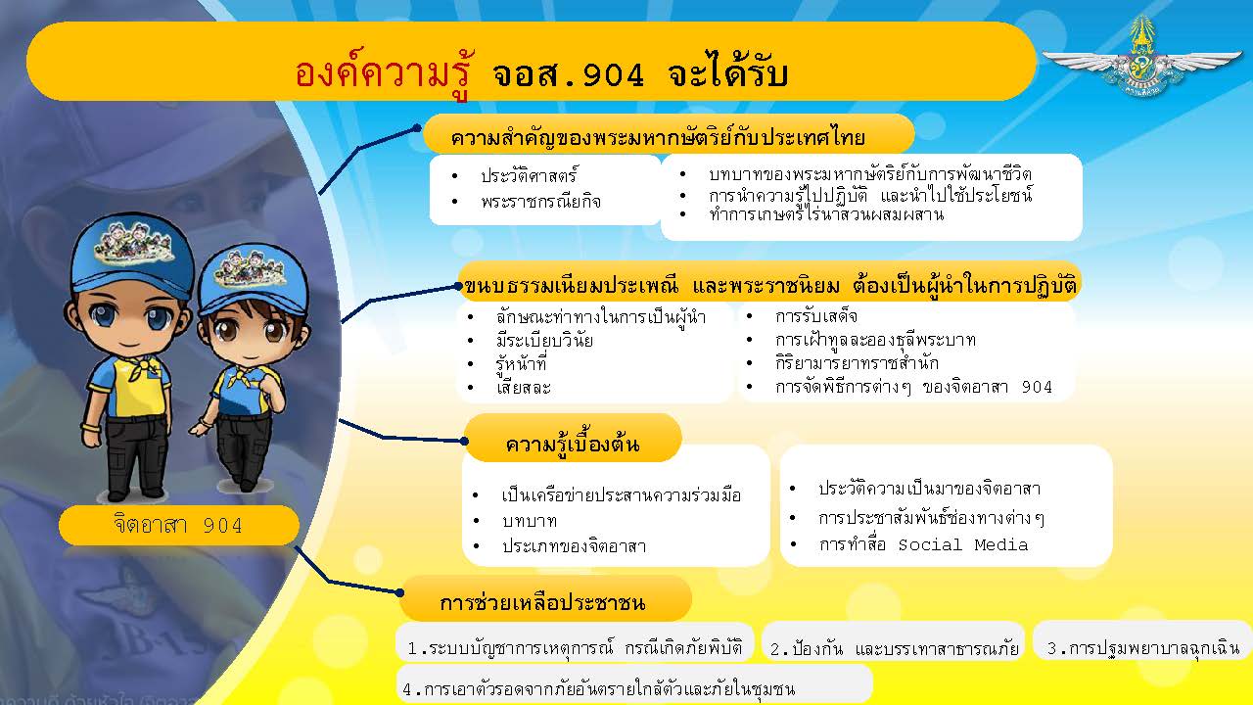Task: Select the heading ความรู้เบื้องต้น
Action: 573,443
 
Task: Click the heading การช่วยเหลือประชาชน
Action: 542,602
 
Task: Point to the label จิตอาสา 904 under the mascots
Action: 178,525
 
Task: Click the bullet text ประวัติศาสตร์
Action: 530,175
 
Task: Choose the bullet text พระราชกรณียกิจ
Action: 540,201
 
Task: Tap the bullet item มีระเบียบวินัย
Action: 544,340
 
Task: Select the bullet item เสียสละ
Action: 524,387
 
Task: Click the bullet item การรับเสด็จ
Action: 816,316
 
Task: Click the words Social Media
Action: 962,545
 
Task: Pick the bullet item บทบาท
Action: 530,521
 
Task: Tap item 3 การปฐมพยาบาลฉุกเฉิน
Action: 1143,648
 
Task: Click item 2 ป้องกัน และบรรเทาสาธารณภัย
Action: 895,648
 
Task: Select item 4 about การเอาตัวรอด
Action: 598,688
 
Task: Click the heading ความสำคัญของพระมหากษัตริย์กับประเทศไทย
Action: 658,137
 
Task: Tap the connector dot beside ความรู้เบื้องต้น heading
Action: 464,441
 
